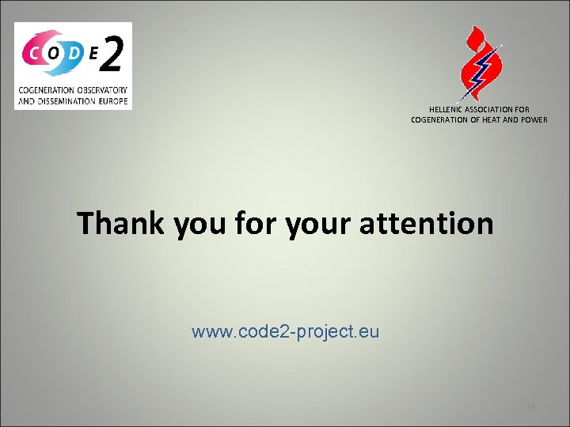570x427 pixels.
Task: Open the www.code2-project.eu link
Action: (285, 332)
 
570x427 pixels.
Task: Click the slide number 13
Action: (531, 407)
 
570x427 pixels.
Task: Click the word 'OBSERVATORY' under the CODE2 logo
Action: (100, 91)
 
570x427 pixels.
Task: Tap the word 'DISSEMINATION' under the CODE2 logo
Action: (66, 101)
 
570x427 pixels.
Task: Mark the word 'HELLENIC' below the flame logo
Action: (446, 109)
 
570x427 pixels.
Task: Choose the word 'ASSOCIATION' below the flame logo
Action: (490, 109)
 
